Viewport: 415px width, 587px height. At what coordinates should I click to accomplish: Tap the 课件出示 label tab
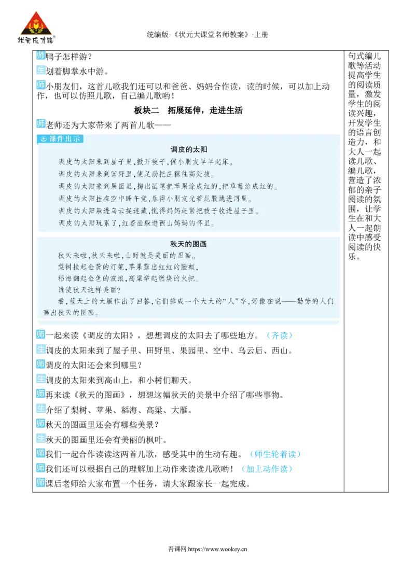coord(60,139)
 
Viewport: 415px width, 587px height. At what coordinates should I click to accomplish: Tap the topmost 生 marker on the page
coord(40,70)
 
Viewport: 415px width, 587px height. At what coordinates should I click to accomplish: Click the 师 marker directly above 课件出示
coord(40,123)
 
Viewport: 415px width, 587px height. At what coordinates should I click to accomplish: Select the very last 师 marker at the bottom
coord(40,483)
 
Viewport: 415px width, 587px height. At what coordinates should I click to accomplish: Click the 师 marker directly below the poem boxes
coord(40,335)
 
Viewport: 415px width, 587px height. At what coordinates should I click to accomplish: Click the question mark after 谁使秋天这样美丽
coord(119,290)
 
